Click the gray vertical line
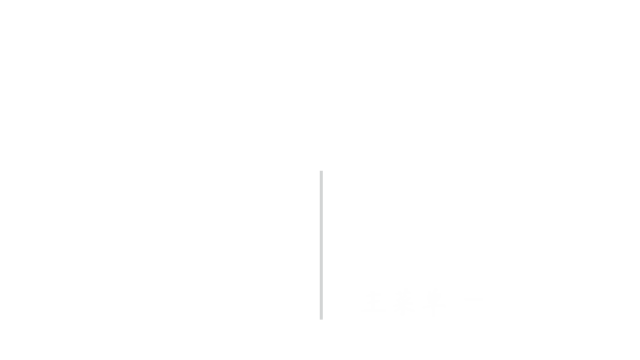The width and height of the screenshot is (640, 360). tap(321, 245)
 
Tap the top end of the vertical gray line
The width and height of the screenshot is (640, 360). tap(321, 172)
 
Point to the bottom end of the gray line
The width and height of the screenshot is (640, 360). tap(321, 318)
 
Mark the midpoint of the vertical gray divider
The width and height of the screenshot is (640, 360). tap(321, 245)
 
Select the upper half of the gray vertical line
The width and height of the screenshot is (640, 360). tap(321, 208)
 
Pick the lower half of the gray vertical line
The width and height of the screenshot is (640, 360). tap(321, 282)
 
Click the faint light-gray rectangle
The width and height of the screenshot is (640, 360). tap(421, 302)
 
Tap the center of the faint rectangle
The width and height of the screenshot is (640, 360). tap(421, 302)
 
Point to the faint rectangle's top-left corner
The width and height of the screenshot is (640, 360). tap(362, 290)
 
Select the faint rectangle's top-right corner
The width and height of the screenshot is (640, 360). tap(481, 290)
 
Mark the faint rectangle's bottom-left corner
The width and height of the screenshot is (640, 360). tap(362, 315)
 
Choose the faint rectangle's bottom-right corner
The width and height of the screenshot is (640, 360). tap(481, 315)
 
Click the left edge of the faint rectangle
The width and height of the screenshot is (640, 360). tap(362, 302)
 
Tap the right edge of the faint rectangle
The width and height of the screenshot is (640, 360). tap(481, 302)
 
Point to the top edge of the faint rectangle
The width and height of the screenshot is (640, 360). tap(421, 290)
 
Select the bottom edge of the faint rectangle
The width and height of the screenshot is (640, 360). tap(421, 315)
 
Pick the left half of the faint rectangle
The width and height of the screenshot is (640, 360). tap(391, 302)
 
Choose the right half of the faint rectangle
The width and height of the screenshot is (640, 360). tap(451, 302)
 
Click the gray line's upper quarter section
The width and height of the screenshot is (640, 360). tap(321, 189)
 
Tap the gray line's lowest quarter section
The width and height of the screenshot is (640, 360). tap(321, 301)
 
